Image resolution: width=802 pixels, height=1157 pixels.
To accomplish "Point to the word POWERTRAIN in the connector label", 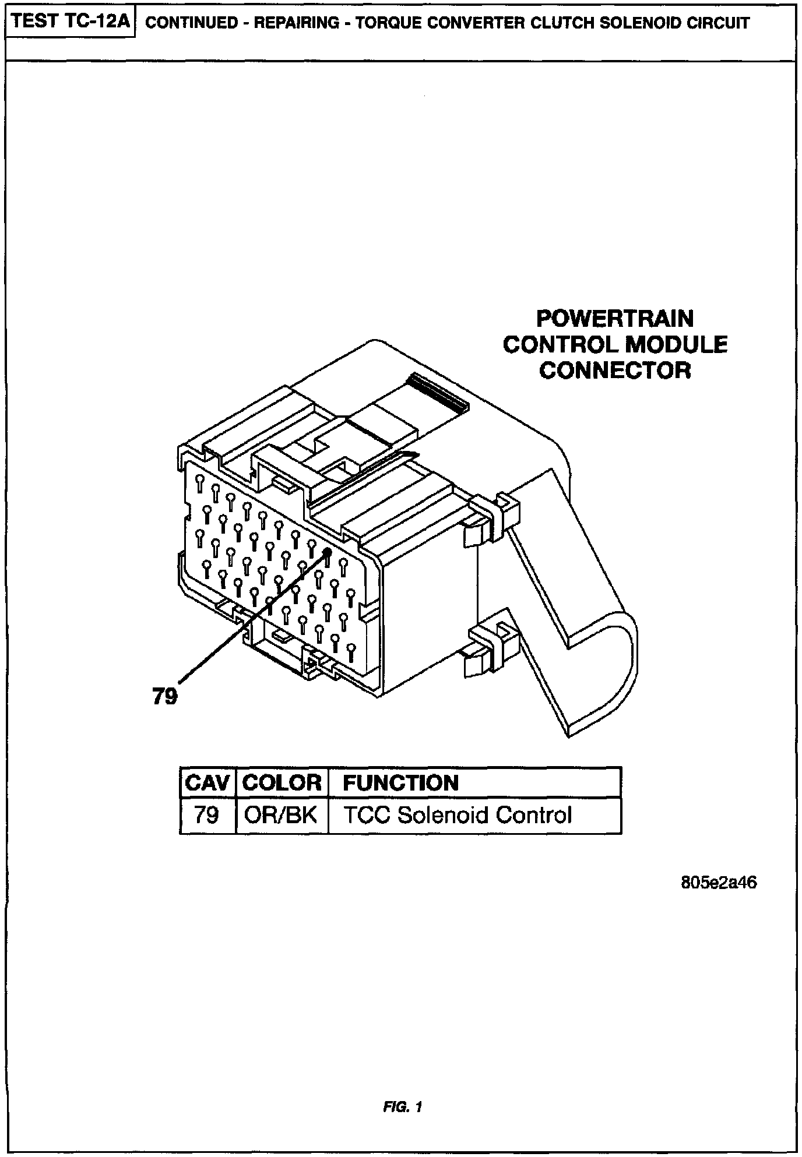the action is pos(615,319).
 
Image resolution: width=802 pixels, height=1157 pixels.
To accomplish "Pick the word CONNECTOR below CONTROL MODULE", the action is pos(615,370).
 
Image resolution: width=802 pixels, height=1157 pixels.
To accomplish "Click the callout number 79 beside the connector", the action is pos(165,696).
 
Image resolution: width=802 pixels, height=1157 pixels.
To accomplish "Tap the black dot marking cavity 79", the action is pos(327,552).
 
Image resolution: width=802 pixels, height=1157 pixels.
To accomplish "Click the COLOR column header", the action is pos(282,782).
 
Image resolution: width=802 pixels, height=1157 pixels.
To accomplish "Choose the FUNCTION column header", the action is pos(401,782).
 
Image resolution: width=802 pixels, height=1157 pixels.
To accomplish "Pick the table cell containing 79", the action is pos(206,814).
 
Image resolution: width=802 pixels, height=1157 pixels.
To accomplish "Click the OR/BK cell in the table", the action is pos(281,814).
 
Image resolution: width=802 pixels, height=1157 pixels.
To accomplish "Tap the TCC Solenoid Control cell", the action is pos(458,814).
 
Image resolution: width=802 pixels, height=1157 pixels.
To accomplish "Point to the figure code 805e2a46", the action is pos(719,883).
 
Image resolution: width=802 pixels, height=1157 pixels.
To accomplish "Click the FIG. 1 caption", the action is pos(402,1106).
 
